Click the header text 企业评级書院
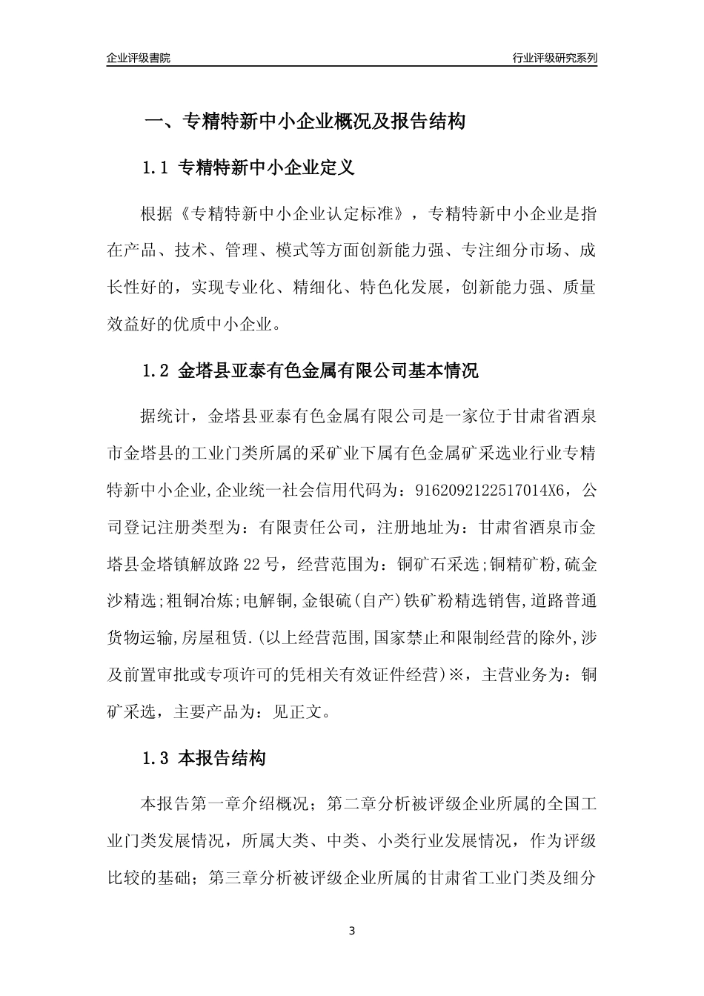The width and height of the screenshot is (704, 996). [x=139, y=58]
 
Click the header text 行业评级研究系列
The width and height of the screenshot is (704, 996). [x=554, y=58]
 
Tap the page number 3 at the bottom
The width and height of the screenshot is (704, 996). [x=352, y=931]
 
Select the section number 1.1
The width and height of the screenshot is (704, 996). [x=156, y=168]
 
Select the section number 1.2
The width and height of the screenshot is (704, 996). [x=156, y=371]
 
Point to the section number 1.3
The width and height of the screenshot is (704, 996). [x=156, y=759]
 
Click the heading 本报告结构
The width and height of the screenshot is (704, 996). [x=222, y=759]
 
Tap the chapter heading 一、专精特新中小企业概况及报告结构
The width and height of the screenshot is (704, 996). [x=304, y=122]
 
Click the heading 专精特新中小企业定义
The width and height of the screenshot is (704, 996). [x=267, y=168]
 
